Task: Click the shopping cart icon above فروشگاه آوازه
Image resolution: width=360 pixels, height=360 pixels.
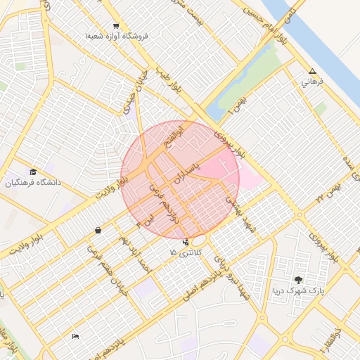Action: (115, 25)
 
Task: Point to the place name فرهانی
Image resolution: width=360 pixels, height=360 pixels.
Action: (312, 82)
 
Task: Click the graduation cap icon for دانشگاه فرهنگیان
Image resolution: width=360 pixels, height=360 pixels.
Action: (33, 172)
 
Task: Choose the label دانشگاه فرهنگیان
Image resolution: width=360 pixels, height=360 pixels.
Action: (34, 183)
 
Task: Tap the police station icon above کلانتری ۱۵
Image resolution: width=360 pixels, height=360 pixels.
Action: (185, 243)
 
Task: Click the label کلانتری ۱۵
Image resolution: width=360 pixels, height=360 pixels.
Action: (185, 252)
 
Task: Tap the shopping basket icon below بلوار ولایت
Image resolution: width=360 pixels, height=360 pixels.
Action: (97, 230)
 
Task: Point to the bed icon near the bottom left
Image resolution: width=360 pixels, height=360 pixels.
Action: (75, 337)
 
